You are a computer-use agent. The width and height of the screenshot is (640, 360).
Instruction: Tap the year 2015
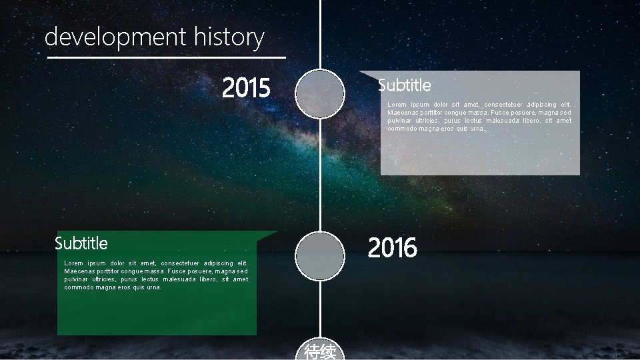(x=246, y=87)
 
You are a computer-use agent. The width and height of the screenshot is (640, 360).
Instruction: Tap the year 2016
(x=393, y=248)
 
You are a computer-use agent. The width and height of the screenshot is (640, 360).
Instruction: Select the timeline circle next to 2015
(x=320, y=95)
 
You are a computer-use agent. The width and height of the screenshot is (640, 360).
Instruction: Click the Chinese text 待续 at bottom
(x=320, y=352)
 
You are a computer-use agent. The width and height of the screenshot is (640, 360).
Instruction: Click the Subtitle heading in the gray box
(x=404, y=85)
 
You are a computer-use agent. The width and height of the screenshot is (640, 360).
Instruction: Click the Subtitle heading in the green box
(x=81, y=243)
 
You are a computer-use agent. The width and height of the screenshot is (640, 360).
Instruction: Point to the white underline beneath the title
(x=167, y=58)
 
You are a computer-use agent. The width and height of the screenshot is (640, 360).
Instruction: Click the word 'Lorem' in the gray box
(x=397, y=105)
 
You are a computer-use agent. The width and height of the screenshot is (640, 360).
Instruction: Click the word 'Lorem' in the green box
(x=74, y=263)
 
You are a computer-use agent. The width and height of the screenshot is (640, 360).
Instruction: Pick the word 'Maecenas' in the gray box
(x=403, y=113)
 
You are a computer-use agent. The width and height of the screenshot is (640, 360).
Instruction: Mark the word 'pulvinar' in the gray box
(x=401, y=121)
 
